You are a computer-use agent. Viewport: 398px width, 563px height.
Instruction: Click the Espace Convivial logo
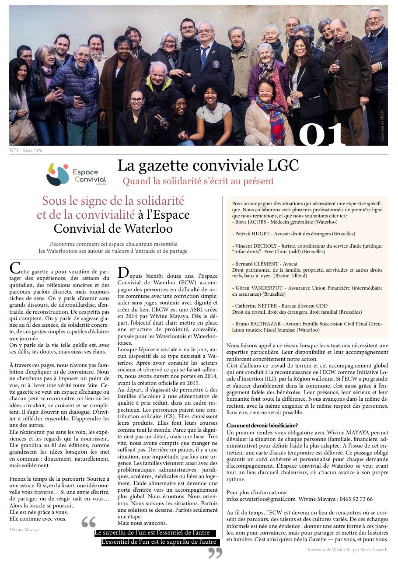coord(76,174)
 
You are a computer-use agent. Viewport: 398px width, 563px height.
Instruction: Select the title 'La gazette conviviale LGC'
coord(208,165)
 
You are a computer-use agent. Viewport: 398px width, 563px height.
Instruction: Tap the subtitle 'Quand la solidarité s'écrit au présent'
coord(198,181)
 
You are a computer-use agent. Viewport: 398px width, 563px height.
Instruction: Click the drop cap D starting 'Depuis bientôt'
coord(123,273)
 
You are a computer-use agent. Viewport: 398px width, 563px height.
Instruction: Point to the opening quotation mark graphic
coord(88,522)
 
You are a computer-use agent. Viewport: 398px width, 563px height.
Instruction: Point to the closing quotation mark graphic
coord(215,553)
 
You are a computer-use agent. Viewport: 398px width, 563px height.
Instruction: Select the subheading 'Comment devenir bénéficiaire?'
coord(262,426)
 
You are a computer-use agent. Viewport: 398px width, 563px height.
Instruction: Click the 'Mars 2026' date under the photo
coord(33,151)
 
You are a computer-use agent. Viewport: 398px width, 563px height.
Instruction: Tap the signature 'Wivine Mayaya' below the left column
coord(24,529)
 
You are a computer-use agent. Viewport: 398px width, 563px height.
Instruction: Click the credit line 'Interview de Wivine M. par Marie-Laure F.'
coord(347,550)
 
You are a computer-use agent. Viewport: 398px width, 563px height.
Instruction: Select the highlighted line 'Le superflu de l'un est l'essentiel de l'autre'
coord(155,533)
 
